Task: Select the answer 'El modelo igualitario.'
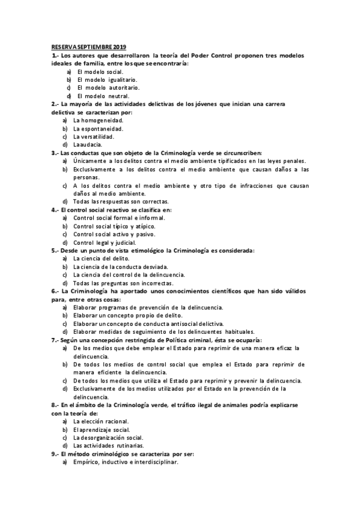click(106, 79)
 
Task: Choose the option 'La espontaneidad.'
click(99, 128)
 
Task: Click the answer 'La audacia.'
click(88, 144)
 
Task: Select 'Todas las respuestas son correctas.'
click(121, 201)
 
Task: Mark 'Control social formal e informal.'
click(118, 218)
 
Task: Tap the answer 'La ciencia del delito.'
click(102, 258)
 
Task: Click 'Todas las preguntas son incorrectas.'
click(123, 283)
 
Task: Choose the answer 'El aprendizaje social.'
click(102, 429)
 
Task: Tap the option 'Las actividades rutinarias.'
click(108, 446)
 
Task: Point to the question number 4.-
click(55, 209)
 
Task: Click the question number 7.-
click(55, 340)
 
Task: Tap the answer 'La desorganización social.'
click(108, 437)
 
